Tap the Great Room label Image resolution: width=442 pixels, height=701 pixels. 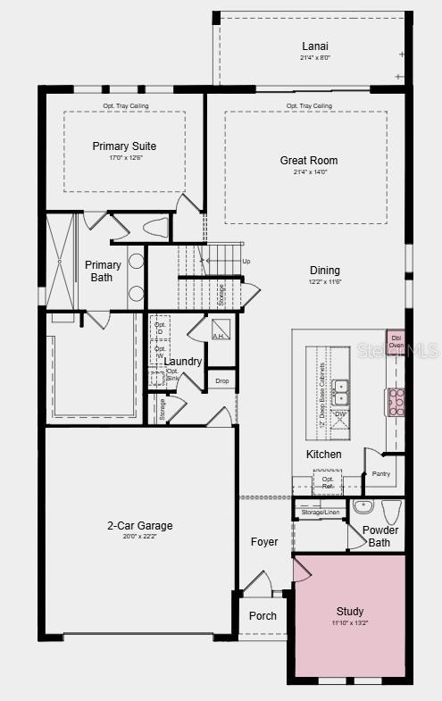[x=309, y=161]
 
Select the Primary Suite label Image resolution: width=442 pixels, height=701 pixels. [x=124, y=146]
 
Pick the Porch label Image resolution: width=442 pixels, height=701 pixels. [x=263, y=616]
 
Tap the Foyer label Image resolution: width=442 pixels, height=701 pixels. [x=263, y=542]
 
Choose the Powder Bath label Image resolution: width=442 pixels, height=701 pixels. [x=379, y=536]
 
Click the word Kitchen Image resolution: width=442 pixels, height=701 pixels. [x=323, y=455]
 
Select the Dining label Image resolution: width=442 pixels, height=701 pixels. [x=324, y=271]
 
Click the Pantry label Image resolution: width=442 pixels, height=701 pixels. [x=380, y=474]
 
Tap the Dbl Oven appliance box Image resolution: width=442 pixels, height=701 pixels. [x=396, y=339]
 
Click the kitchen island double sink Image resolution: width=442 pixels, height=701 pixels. [x=340, y=393]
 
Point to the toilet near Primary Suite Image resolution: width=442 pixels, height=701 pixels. [x=154, y=228]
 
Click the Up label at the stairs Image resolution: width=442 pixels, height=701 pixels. [x=246, y=261]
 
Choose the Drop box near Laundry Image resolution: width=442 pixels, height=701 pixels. [x=221, y=381]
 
